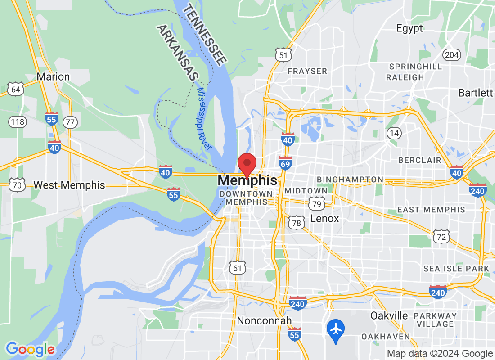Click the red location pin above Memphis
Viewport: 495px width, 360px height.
(247, 163)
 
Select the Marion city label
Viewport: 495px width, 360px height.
(53, 76)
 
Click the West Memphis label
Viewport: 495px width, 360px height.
(69, 185)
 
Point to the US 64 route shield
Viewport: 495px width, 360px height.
(16, 90)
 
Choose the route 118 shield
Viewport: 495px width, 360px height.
(18, 121)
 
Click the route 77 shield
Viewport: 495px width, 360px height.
(70, 121)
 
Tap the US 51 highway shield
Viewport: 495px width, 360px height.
(283, 55)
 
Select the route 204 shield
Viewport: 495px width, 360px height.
(452, 55)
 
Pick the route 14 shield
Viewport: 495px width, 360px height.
(394, 133)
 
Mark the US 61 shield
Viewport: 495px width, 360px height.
(237, 268)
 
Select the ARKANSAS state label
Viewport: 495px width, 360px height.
(178, 53)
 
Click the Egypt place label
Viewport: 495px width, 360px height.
(409, 28)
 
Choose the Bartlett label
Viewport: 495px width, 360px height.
(475, 93)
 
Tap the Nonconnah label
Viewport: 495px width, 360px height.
(264, 320)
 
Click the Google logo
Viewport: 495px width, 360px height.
(30, 349)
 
